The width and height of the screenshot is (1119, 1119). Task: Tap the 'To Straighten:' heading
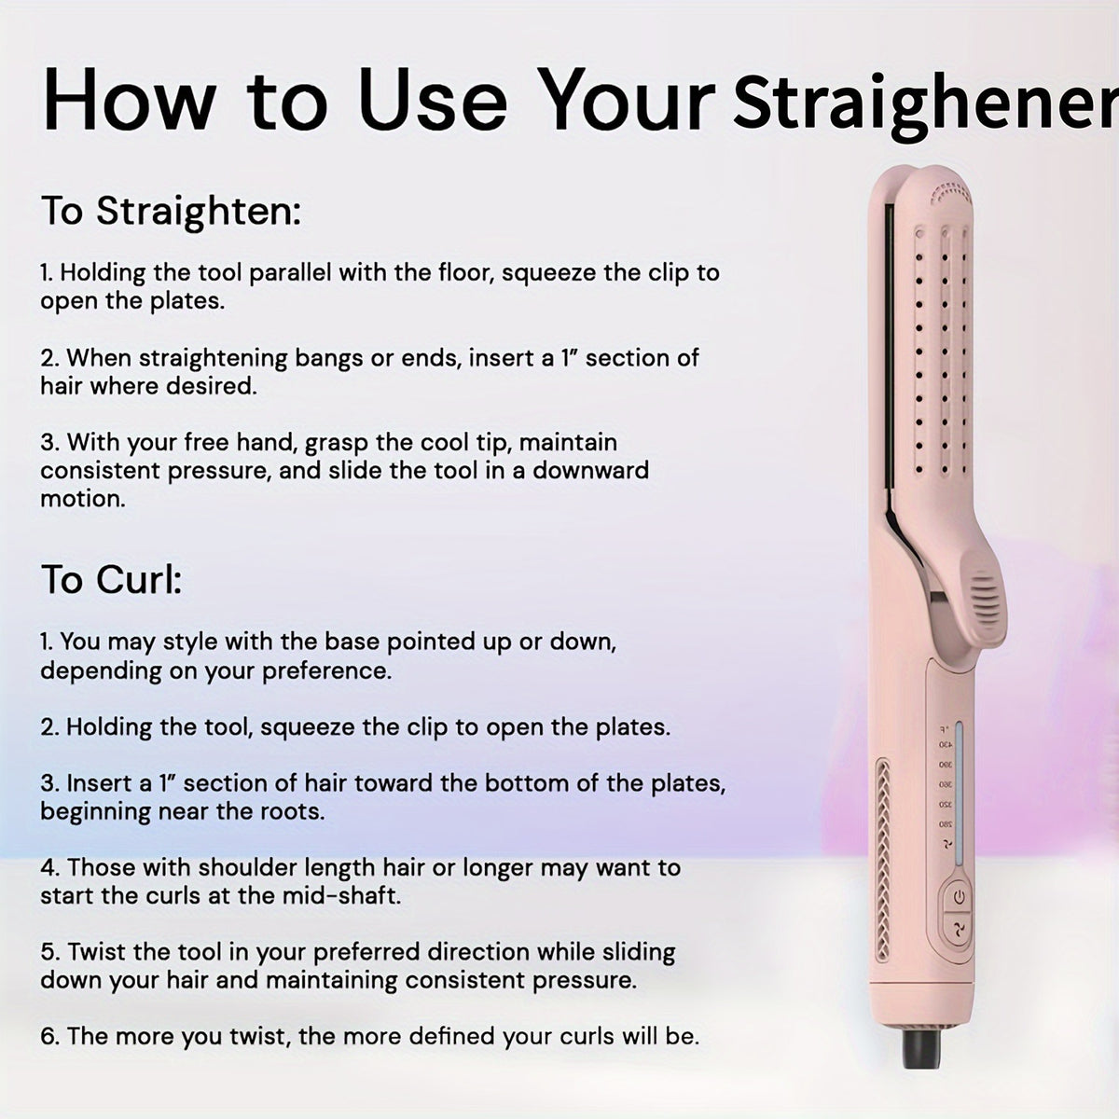[x=171, y=211]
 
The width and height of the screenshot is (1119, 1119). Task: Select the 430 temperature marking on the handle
[x=945, y=745]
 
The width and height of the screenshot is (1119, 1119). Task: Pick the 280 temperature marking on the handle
[x=945, y=824]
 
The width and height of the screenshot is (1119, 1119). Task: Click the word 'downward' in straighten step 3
[x=590, y=470]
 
